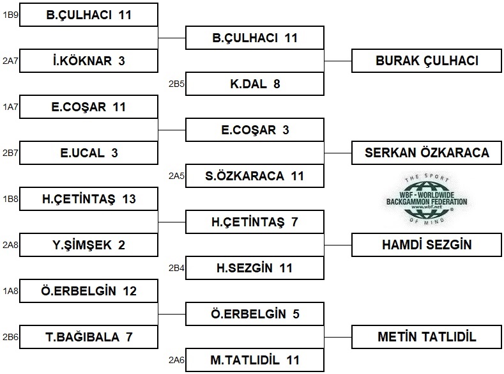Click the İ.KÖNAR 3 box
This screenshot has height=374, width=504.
[89, 61]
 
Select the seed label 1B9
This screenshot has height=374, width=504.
[10, 15]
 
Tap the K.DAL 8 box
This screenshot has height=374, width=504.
[255, 84]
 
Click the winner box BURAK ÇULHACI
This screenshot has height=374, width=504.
[427, 61]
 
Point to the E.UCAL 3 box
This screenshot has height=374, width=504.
[89, 153]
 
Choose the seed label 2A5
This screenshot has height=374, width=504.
[176, 176]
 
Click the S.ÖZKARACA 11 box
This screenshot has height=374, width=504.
[255, 176]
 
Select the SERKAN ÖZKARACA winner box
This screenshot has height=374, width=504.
[427, 153]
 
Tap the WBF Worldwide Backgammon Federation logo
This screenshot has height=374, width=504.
[427, 199]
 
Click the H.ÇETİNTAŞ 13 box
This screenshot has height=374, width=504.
[89, 199]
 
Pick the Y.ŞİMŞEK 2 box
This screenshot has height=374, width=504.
[89, 245]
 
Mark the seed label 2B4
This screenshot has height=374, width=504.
[176, 268]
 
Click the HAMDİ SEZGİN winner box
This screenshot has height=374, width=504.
[427, 245]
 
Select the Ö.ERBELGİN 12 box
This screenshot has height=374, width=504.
[89, 291]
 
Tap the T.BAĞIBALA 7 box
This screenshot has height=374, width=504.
[89, 337]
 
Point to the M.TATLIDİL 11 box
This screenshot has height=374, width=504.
[255, 360]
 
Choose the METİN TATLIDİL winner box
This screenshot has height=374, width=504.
[427, 337]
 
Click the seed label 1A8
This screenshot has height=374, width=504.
[10, 291]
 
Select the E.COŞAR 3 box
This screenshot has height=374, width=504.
[255, 130]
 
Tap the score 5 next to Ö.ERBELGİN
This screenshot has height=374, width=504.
[296, 314]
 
